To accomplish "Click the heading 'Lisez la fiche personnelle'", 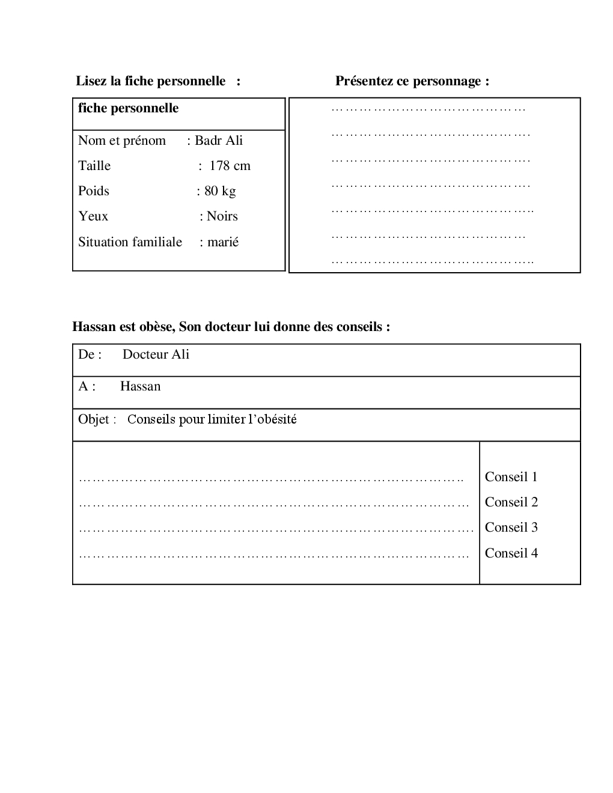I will click(x=150, y=81).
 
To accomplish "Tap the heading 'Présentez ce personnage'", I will click(x=412, y=81).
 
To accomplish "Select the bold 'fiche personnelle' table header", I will click(x=128, y=108).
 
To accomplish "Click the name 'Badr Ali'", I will click(x=219, y=141).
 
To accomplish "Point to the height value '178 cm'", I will click(x=230, y=166).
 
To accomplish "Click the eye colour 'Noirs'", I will click(x=222, y=216).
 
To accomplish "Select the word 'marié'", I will click(x=223, y=242).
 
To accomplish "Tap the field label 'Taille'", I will click(x=94, y=166).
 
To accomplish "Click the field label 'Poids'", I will click(x=94, y=191).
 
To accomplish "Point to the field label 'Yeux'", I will click(x=93, y=216).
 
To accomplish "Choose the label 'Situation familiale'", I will click(x=130, y=242).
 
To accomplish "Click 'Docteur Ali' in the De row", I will click(x=156, y=354).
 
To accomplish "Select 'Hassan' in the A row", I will click(x=140, y=386).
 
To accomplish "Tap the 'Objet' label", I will click(x=94, y=419).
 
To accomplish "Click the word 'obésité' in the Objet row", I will click(x=276, y=419).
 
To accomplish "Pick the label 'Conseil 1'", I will click(x=511, y=477).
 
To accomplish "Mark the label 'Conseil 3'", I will click(x=511, y=527).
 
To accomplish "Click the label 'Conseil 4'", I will click(x=511, y=553).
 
